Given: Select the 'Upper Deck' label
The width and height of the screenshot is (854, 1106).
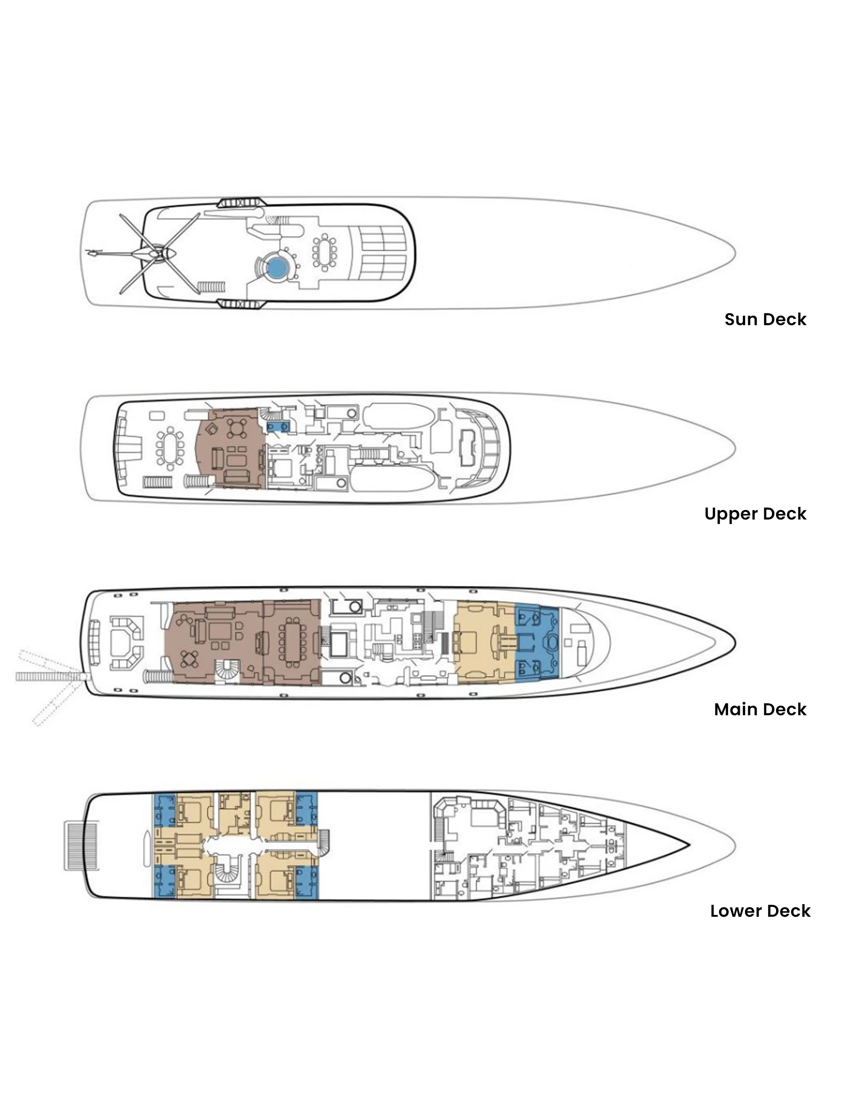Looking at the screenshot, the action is [x=755, y=514].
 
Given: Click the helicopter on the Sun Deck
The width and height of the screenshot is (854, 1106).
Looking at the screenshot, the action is [x=147, y=253].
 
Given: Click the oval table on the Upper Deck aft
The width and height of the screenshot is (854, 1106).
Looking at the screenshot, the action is [x=170, y=446].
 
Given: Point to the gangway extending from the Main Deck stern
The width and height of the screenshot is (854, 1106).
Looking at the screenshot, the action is [x=49, y=676].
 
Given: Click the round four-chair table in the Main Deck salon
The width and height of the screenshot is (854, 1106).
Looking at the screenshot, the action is [x=190, y=659].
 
